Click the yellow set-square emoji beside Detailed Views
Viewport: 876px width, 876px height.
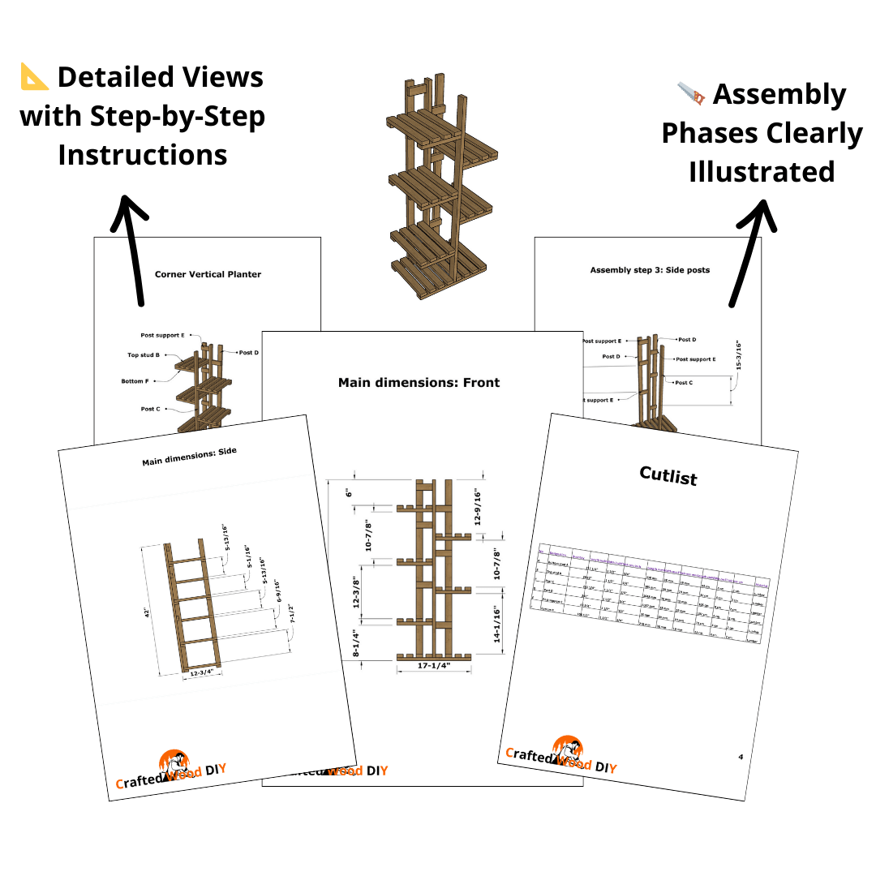(35, 77)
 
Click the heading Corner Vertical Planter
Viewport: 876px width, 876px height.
(208, 274)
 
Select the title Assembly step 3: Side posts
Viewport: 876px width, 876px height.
(650, 270)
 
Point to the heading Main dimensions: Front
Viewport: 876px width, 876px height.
(419, 382)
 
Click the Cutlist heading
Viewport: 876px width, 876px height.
(668, 475)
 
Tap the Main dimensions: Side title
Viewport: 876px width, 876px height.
(189, 457)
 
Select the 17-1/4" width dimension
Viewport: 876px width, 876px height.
(433, 666)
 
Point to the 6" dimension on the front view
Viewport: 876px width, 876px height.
(350, 492)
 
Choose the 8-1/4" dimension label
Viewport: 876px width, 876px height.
(350, 638)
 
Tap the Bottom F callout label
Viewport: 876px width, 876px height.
(135, 380)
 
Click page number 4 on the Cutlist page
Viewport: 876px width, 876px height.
(741, 758)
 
